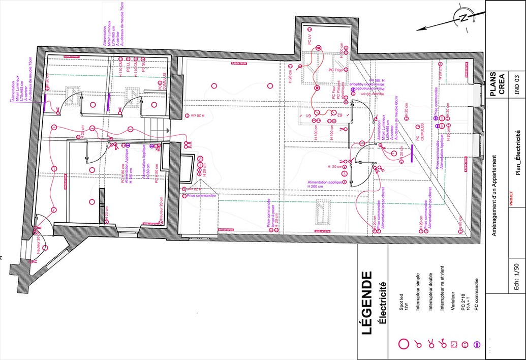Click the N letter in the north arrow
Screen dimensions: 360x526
[x=463, y=18]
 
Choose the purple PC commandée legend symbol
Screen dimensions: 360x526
[x=476, y=344]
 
